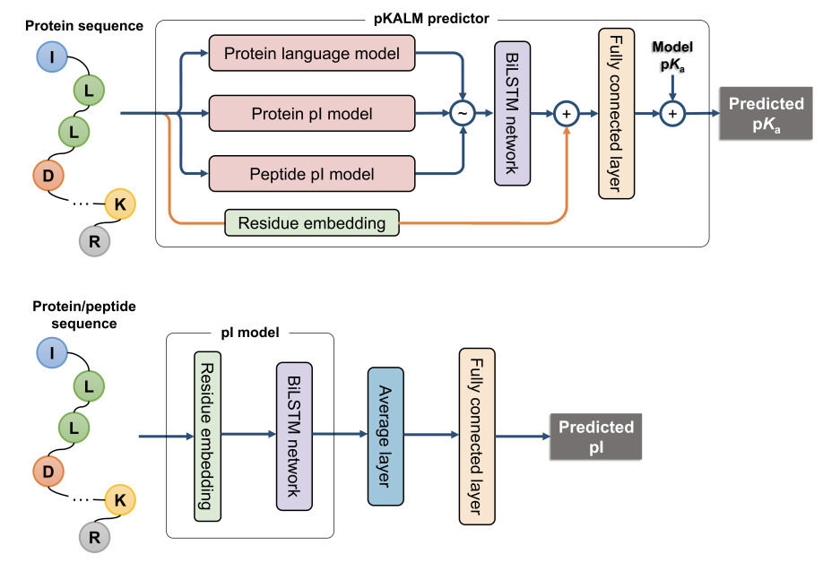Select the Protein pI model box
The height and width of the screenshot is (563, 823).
pos(311,114)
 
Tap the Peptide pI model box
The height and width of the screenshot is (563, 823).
pos(311,172)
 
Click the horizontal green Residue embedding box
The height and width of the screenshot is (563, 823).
pos(311,222)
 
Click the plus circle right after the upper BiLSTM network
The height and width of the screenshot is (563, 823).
pos(566,114)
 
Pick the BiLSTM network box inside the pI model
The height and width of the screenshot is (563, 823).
pos(294,436)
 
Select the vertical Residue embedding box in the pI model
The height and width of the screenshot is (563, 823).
pos(207,437)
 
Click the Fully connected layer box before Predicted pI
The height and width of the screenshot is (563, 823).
pos(477,437)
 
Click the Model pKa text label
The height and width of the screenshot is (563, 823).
pos(671,54)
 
